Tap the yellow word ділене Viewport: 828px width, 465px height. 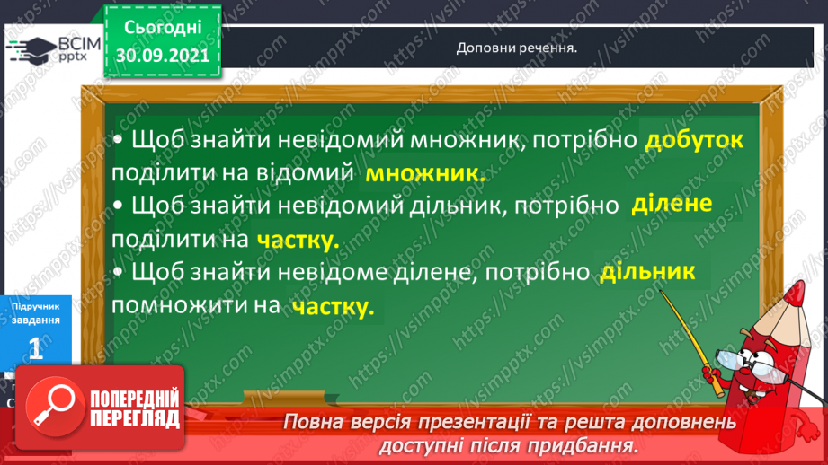(x=671, y=206)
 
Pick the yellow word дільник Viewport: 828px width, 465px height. (x=646, y=272)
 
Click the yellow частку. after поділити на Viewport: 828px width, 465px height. (x=297, y=240)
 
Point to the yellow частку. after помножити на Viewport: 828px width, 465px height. (x=332, y=306)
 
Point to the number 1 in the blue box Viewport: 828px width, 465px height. (x=36, y=349)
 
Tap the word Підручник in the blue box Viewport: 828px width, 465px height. (x=36, y=306)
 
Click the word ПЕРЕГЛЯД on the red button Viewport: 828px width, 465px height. (x=135, y=419)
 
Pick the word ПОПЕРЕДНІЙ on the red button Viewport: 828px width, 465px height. (x=135, y=399)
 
